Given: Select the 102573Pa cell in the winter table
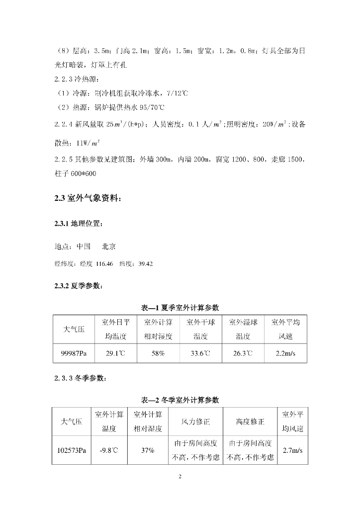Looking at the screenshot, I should (72, 450).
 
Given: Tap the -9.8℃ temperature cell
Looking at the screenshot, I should (109, 450).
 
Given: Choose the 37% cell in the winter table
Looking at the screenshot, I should (148, 450).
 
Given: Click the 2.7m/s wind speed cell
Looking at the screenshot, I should (292, 450).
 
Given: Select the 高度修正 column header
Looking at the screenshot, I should (250, 422).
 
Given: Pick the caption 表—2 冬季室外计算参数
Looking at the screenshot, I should (180, 400).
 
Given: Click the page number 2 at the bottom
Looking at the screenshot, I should (180, 476).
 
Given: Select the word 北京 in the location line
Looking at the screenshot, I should (108, 246).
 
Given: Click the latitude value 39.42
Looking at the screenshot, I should (145, 264).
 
